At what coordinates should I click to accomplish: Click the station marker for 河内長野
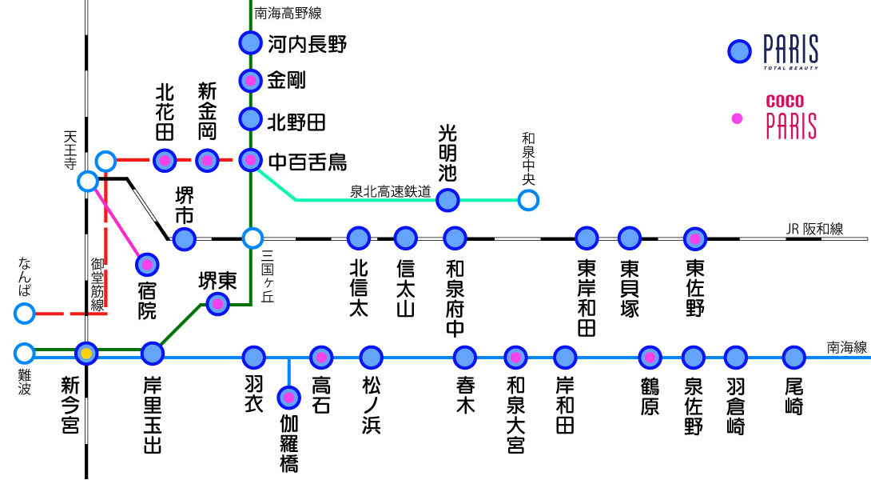(x=251, y=42)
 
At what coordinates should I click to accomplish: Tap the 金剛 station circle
(x=251, y=81)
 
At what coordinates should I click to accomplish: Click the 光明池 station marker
(x=448, y=200)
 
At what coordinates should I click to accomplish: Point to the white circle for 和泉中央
(x=527, y=200)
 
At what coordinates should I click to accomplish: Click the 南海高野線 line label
(x=288, y=13)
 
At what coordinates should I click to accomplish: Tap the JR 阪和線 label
(x=814, y=230)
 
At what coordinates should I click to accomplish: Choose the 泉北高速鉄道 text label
(x=390, y=192)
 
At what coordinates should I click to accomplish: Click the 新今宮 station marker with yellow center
(x=86, y=353)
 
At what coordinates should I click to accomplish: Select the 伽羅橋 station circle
(x=288, y=398)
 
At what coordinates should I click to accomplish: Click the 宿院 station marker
(x=147, y=264)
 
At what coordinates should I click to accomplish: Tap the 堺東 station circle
(x=217, y=303)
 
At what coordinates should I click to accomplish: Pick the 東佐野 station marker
(x=695, y=238)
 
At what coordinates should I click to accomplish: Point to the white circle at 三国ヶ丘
(x=253, y=238)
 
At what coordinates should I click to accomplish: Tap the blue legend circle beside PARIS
(x=740, y=52)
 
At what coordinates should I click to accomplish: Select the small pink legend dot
(x=738, y=118)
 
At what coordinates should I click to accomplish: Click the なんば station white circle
(x=25, y=314)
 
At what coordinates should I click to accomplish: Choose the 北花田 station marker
(x=165, y=161)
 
